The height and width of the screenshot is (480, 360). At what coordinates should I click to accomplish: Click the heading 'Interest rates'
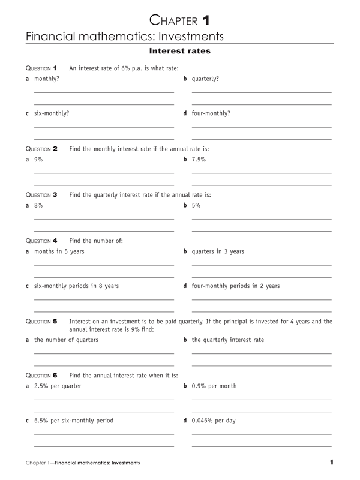click(179, 52)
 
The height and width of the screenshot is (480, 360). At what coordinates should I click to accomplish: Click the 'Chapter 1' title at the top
click(179, 22)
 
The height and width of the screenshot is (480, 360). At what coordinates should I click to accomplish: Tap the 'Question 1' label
click(41, 68)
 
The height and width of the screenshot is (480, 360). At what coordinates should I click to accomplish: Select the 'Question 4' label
click(41, 241)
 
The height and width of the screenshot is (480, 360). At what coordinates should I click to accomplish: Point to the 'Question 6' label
click(41, 375)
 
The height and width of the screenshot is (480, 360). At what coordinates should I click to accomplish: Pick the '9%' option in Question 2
click(38, 160)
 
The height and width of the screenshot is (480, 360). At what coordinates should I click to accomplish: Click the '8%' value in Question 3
click(38, 206)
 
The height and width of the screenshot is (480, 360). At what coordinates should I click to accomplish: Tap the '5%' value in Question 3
click(196, 206)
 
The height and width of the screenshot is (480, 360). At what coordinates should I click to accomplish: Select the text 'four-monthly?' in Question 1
click(211, 113)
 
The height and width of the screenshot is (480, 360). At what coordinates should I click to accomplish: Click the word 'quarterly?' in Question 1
click(205, 79)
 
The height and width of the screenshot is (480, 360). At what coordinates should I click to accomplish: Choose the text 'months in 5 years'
click(59, 251)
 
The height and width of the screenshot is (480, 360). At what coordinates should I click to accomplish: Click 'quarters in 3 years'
click(218, 251)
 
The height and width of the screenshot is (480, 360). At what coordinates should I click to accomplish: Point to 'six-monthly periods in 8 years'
click(76, 286)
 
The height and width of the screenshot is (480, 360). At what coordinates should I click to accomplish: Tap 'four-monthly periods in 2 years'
click(235, 286)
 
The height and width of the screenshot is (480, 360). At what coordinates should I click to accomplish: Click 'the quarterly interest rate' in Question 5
click(227, 340)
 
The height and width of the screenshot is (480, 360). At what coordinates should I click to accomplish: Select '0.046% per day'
click(214, 421)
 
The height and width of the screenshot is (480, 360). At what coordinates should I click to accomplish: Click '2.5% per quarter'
click(58, 386)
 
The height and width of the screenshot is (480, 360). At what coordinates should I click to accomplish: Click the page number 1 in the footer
click(331, 462)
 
